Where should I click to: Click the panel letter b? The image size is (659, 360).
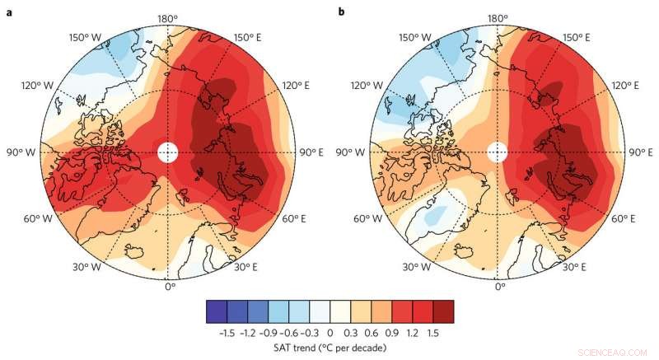pyautogui.click(x=340, y=13)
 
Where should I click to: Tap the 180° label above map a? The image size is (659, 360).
pyautogui.click(x=168, y=17)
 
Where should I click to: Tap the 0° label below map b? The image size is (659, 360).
pyautogui.click(x=500, y=287)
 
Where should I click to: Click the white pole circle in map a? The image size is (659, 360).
pyautogui.click(x=167, y=152)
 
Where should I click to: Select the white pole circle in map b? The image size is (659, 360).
pyautogui.click(x=498, y=152)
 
